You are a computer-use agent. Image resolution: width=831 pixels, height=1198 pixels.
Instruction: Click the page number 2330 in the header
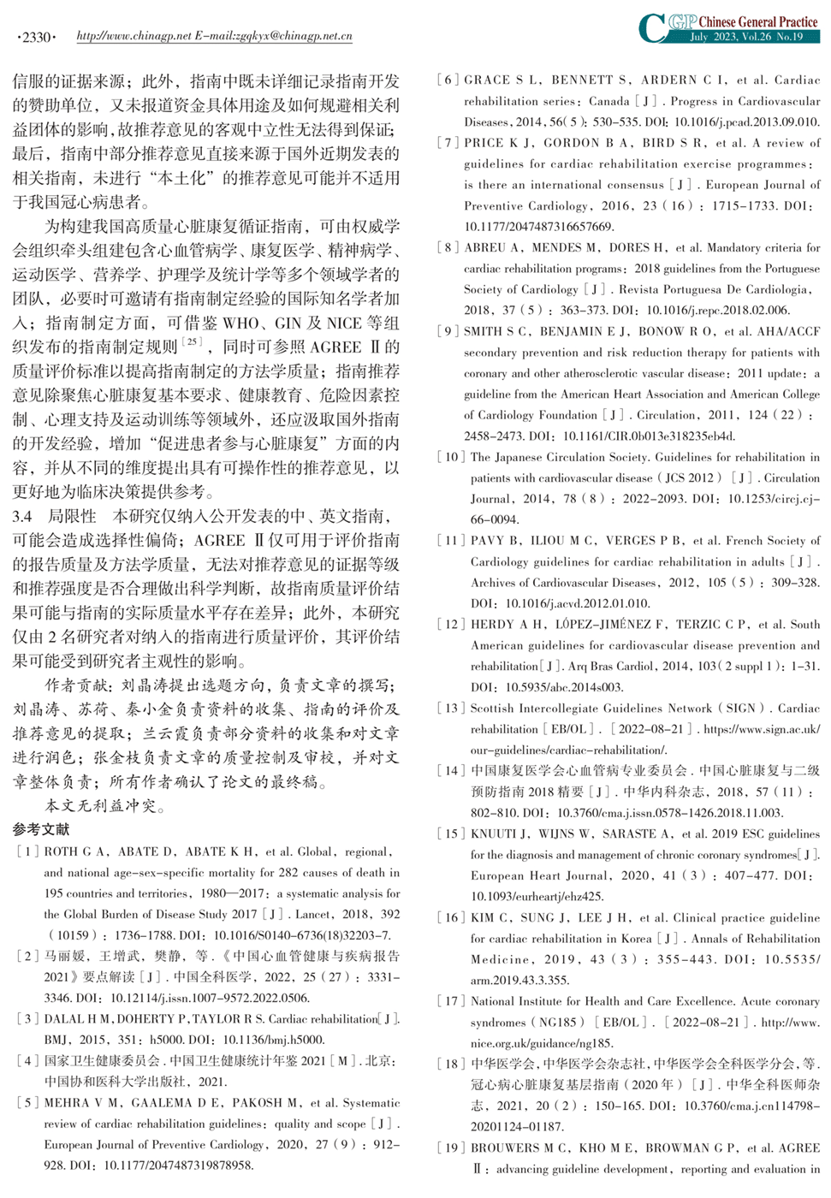pyautogui.click(x=36, y=37)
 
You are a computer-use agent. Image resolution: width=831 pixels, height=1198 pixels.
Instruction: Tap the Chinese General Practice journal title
pyautogui.click(x=758, y=21)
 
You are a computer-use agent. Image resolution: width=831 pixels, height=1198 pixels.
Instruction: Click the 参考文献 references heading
pyautogui.click(x=41, y=829)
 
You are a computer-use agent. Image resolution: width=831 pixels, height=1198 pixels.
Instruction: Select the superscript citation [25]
pyautogui.click(x=192, y=341)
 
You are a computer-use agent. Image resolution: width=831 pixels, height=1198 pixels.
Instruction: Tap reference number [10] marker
pyautogui.click(x=451, y=457)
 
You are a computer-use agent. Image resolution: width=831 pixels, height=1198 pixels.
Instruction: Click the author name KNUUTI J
pyautogui.click(x=500, y=833)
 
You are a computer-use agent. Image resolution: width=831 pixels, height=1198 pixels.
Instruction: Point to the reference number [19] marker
pyautogui.click(x=451, y=1148)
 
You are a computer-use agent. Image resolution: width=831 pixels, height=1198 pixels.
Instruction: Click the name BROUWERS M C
pyautogui.click(x=519, y=1148)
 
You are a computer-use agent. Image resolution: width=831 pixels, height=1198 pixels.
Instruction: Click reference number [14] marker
pyautogui.click(x=451, y=770)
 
